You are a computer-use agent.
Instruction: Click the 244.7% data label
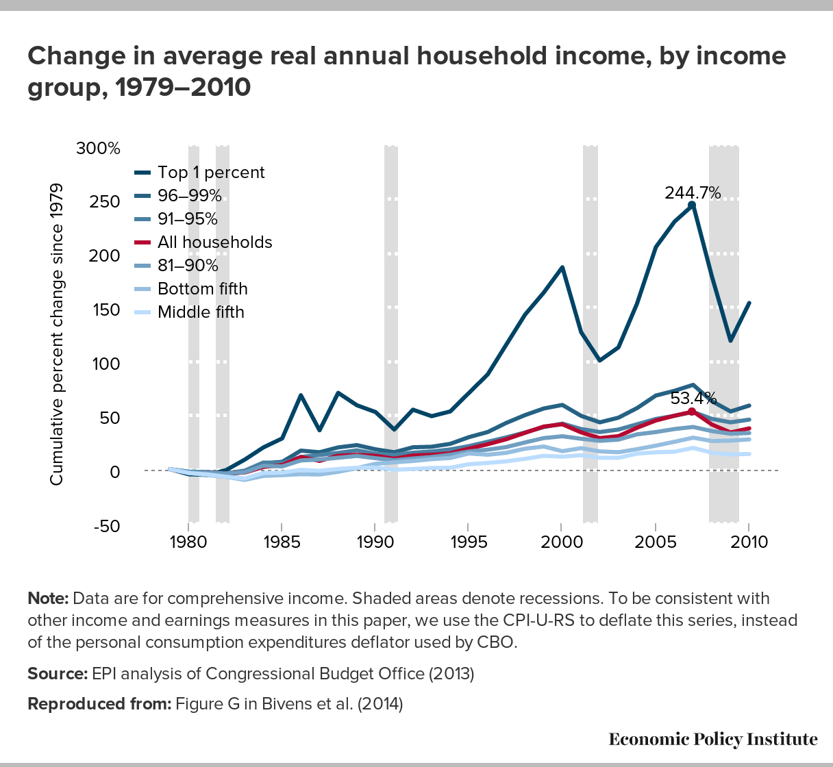pos(693,193)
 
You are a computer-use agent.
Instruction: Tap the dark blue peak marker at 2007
pos(692,205)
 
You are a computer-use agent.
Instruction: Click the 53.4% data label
pos(693,398)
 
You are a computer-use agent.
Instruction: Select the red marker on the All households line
pos(692,412)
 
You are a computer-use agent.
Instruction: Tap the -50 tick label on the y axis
pos(106,526)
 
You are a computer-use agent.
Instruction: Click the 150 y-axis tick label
pos(106,310)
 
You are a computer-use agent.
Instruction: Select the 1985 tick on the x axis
pos(282,542)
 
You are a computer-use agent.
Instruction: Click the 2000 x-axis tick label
pos(562,542)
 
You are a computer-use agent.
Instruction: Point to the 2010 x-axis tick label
pos(748,542)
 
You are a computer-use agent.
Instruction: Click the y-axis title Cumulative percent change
pos(56,335)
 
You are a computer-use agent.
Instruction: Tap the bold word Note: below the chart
pos(47,599)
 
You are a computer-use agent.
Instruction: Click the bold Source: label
pos(57,674)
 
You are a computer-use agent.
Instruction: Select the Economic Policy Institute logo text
pos(712,739)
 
